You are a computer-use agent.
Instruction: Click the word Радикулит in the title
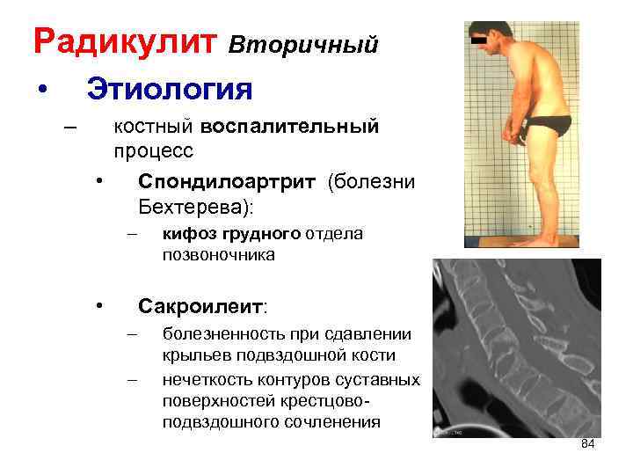125,41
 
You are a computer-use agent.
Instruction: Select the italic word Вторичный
304,44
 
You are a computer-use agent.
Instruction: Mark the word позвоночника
218,255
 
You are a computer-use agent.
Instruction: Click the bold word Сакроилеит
201,306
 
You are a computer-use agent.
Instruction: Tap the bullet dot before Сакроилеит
102,306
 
